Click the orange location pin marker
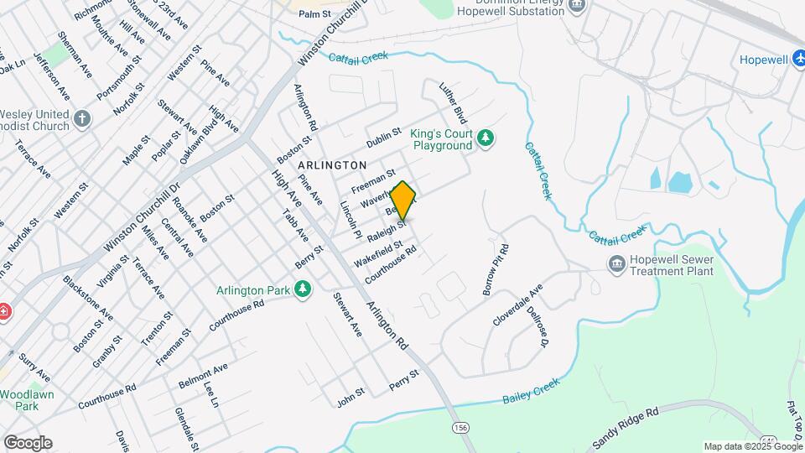click(402, 201)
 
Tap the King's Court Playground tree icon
click(485, 138)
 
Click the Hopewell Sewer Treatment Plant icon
click(617, 264)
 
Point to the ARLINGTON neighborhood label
click(332, 166)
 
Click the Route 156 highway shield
click(460, 427)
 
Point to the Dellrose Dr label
click(538, 327)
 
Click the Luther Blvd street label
click(454, 103)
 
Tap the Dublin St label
click(384, 134)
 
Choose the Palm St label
click(315, 14)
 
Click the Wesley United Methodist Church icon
click(81, 118)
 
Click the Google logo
click(28, 442)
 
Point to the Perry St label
click(403, 379)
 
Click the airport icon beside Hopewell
click(796, 60)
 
